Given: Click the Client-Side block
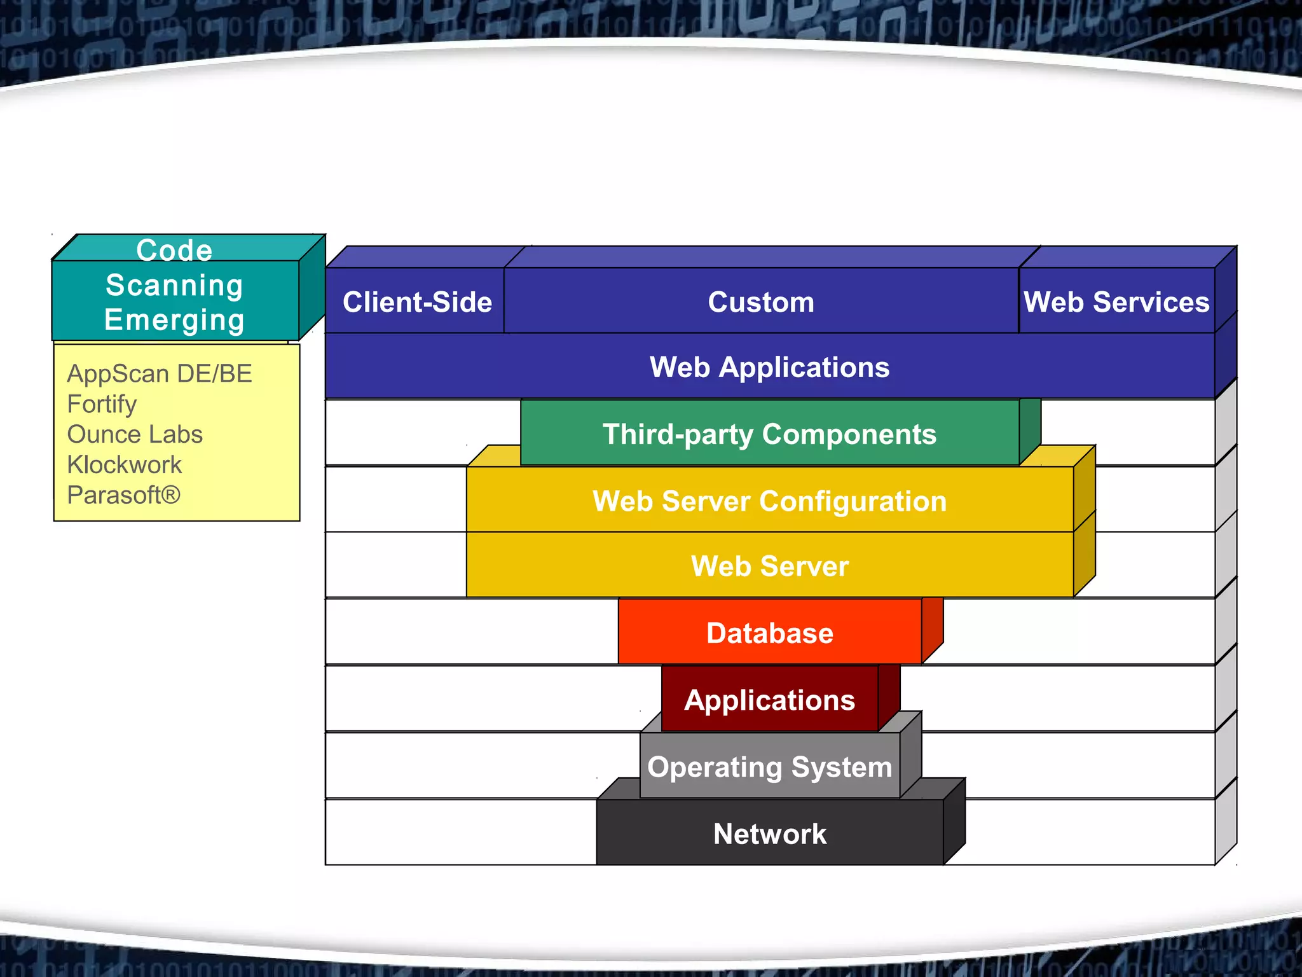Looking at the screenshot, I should click(x=417, y=302).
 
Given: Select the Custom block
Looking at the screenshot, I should click(x=761, y=302).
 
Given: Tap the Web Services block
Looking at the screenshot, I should click(x=1116, y=302).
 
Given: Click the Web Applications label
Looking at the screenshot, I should click(x=769, y=368).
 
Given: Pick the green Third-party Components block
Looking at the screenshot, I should click(x=769, y=434).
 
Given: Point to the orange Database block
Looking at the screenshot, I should click(x=769, y=633).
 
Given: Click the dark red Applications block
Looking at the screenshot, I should click(x=769, y=700).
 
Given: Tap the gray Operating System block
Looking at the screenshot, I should click(x=769, y=767).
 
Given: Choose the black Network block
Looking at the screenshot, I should click(x=769, y=834).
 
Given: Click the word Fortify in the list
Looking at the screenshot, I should click(x=102, y=405).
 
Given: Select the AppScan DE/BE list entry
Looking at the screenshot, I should click(x=160, y=374).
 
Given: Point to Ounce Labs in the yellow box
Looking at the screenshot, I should click(x=135, y=434).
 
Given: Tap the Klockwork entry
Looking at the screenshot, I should click(x=125, y=465).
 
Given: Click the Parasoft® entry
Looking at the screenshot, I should click(x=124, y=495).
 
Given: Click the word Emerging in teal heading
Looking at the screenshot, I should click(x=174, y=320).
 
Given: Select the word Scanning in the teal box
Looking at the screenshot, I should click(x=174, y=285).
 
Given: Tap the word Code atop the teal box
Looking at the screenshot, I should click(x=174, y=250).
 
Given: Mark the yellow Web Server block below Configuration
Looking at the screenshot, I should click(x=769, y=566).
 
